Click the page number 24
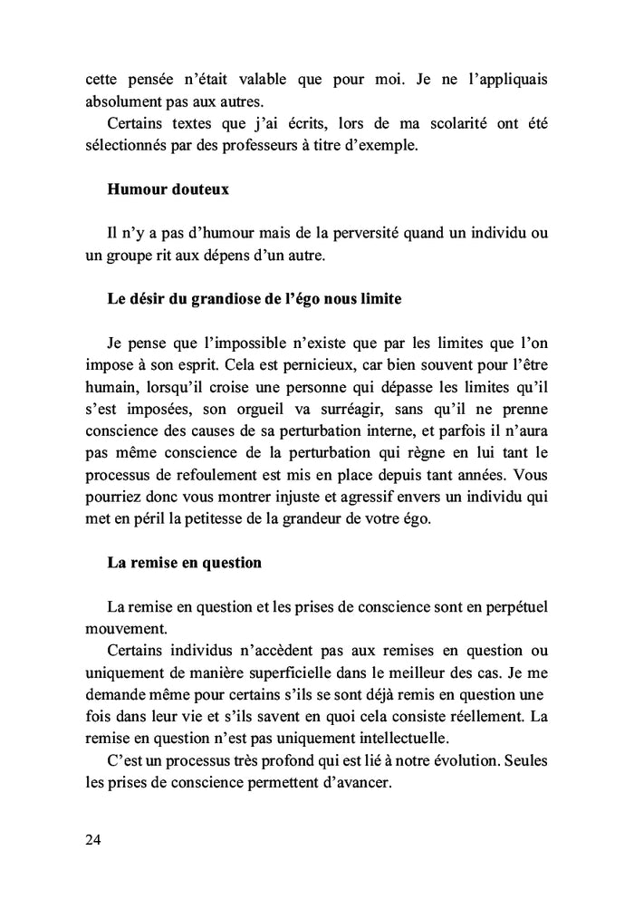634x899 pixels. pos(93,840)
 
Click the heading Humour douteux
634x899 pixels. pos(168,190)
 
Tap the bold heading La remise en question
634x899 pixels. pos(184,563)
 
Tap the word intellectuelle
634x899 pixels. pos(383,737)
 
